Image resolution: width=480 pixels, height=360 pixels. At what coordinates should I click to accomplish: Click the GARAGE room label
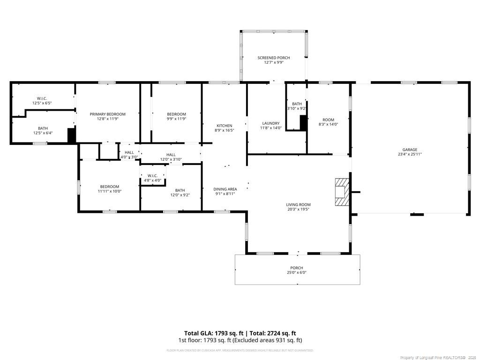[408, 150]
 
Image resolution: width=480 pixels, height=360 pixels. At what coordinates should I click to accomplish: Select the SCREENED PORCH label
[274, 58]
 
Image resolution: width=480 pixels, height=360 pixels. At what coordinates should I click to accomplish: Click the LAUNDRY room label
[271, 123]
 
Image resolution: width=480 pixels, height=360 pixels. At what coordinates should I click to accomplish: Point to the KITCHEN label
[224, 126]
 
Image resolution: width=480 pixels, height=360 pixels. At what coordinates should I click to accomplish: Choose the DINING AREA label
[225, 189]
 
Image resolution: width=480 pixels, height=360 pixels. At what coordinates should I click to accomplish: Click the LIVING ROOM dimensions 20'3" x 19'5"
[298, 209]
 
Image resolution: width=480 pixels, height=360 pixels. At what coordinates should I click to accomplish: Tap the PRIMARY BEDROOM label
[108, 114]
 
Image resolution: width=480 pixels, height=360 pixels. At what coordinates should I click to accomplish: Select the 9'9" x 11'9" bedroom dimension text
[177, 119]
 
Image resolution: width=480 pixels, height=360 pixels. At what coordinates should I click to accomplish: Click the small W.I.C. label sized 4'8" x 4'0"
[152, 176]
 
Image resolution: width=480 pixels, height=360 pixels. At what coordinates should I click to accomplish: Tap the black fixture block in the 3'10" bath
[303, 122]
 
